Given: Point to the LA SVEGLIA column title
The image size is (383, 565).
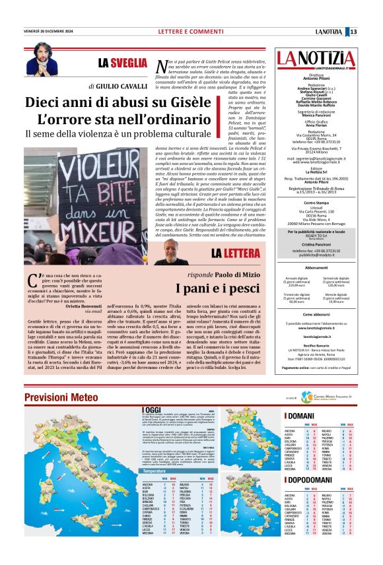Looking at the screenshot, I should [122, 63].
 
